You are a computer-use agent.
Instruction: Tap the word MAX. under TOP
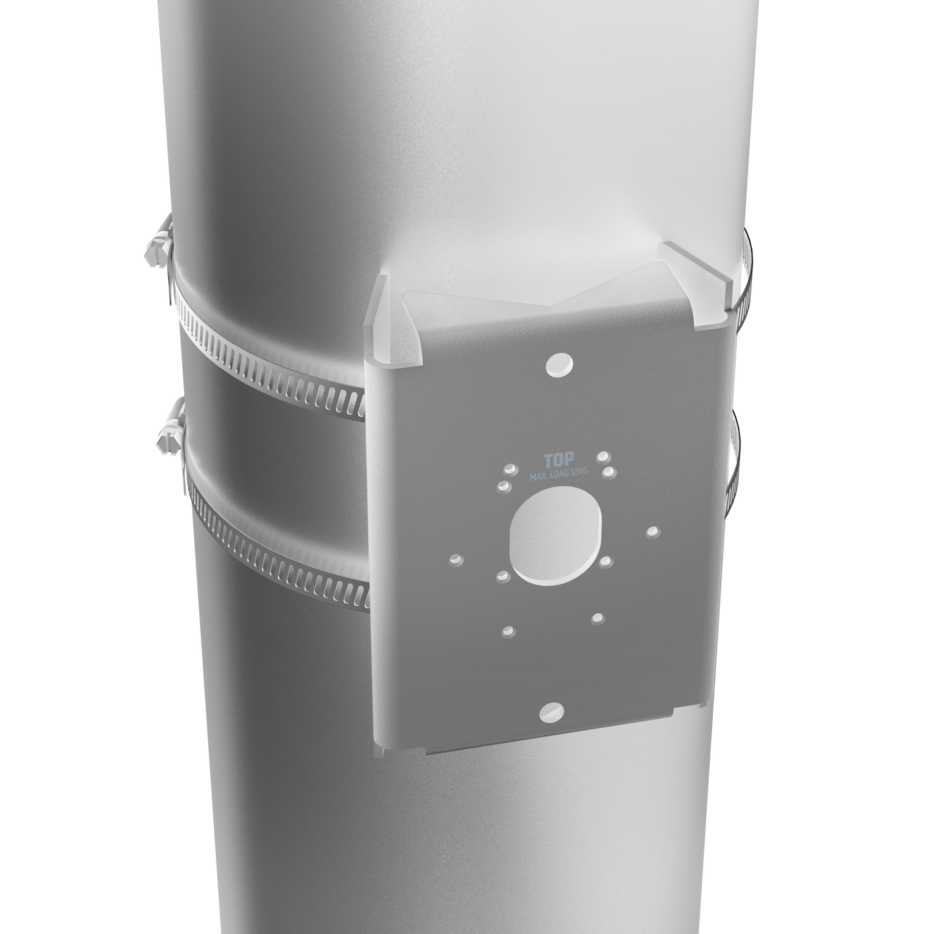[540, 477]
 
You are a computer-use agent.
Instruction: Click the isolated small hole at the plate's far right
[653, 532]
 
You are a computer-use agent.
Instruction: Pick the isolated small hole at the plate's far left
[456, 559]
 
